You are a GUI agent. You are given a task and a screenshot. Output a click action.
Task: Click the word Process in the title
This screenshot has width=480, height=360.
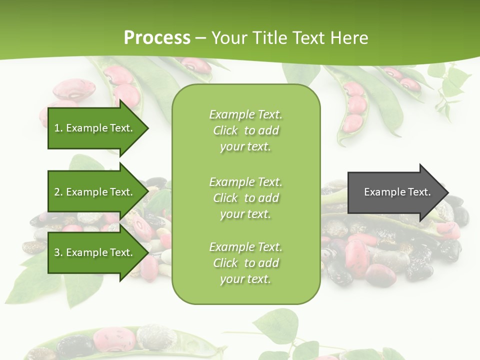click(x=157, y=37)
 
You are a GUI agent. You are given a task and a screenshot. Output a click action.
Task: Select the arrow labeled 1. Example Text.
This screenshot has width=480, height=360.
click(x=95, y=128)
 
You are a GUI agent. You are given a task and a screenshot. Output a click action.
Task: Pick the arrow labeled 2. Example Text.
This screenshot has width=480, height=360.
click(x=95, y=192)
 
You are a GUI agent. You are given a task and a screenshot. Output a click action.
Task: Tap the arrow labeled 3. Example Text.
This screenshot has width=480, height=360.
click(x=95, y=252)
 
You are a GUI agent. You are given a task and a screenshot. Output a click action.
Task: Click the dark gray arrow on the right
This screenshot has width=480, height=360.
click(x=395, y=192)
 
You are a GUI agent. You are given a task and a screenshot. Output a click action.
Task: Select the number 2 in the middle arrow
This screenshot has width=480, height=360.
click(x=57, y=192)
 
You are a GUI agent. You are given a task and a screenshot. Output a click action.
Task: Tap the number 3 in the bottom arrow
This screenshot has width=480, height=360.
click(x=57, y=252)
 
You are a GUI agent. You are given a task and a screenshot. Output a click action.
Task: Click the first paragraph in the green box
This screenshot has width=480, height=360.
click(x=245, y=130)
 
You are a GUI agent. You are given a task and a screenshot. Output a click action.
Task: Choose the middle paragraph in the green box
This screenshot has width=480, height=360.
click(x=245, y=198)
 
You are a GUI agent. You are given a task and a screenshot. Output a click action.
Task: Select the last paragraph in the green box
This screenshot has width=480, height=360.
click(x=245, y=263)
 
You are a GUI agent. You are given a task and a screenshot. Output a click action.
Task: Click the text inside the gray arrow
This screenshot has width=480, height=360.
click(x=397, y=192)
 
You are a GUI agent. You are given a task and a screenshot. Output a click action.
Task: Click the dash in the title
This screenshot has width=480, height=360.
click(x=201, y=38)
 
